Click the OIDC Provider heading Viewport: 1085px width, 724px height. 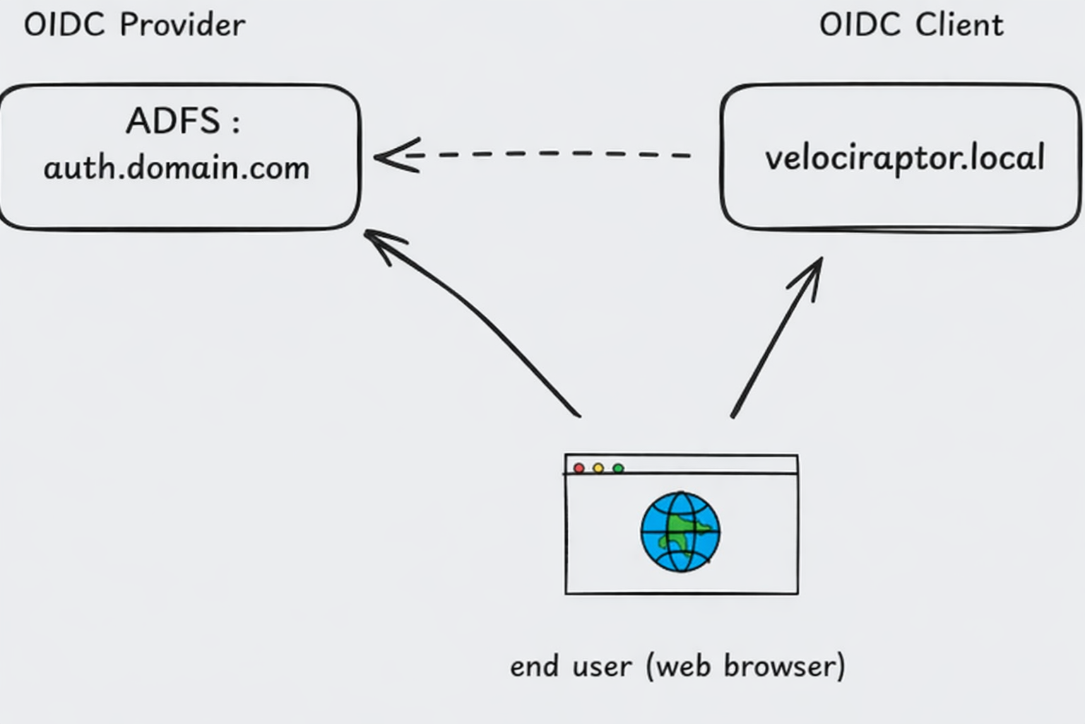point(134,25)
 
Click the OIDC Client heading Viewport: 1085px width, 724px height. point(911,25)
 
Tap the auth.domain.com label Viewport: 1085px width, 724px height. point(177,168)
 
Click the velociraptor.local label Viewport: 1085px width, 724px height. point(904,158)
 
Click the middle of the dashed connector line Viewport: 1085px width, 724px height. point(551,154)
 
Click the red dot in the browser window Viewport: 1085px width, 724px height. point(579,469)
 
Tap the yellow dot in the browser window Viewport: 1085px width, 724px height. point(598,469)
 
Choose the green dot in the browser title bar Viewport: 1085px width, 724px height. point(618,469)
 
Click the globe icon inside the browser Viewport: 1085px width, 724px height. point(680,532)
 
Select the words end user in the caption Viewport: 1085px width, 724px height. point(571,667)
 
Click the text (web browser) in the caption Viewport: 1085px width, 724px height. point(745,667)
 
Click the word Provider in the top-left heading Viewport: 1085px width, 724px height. point(182,25)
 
